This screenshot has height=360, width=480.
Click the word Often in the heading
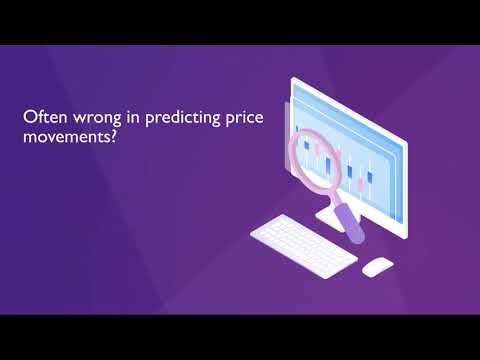click(42, 118)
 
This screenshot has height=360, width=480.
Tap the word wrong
click(91, 118)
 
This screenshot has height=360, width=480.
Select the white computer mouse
click(377, 267)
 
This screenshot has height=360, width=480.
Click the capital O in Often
click(29, 117)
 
